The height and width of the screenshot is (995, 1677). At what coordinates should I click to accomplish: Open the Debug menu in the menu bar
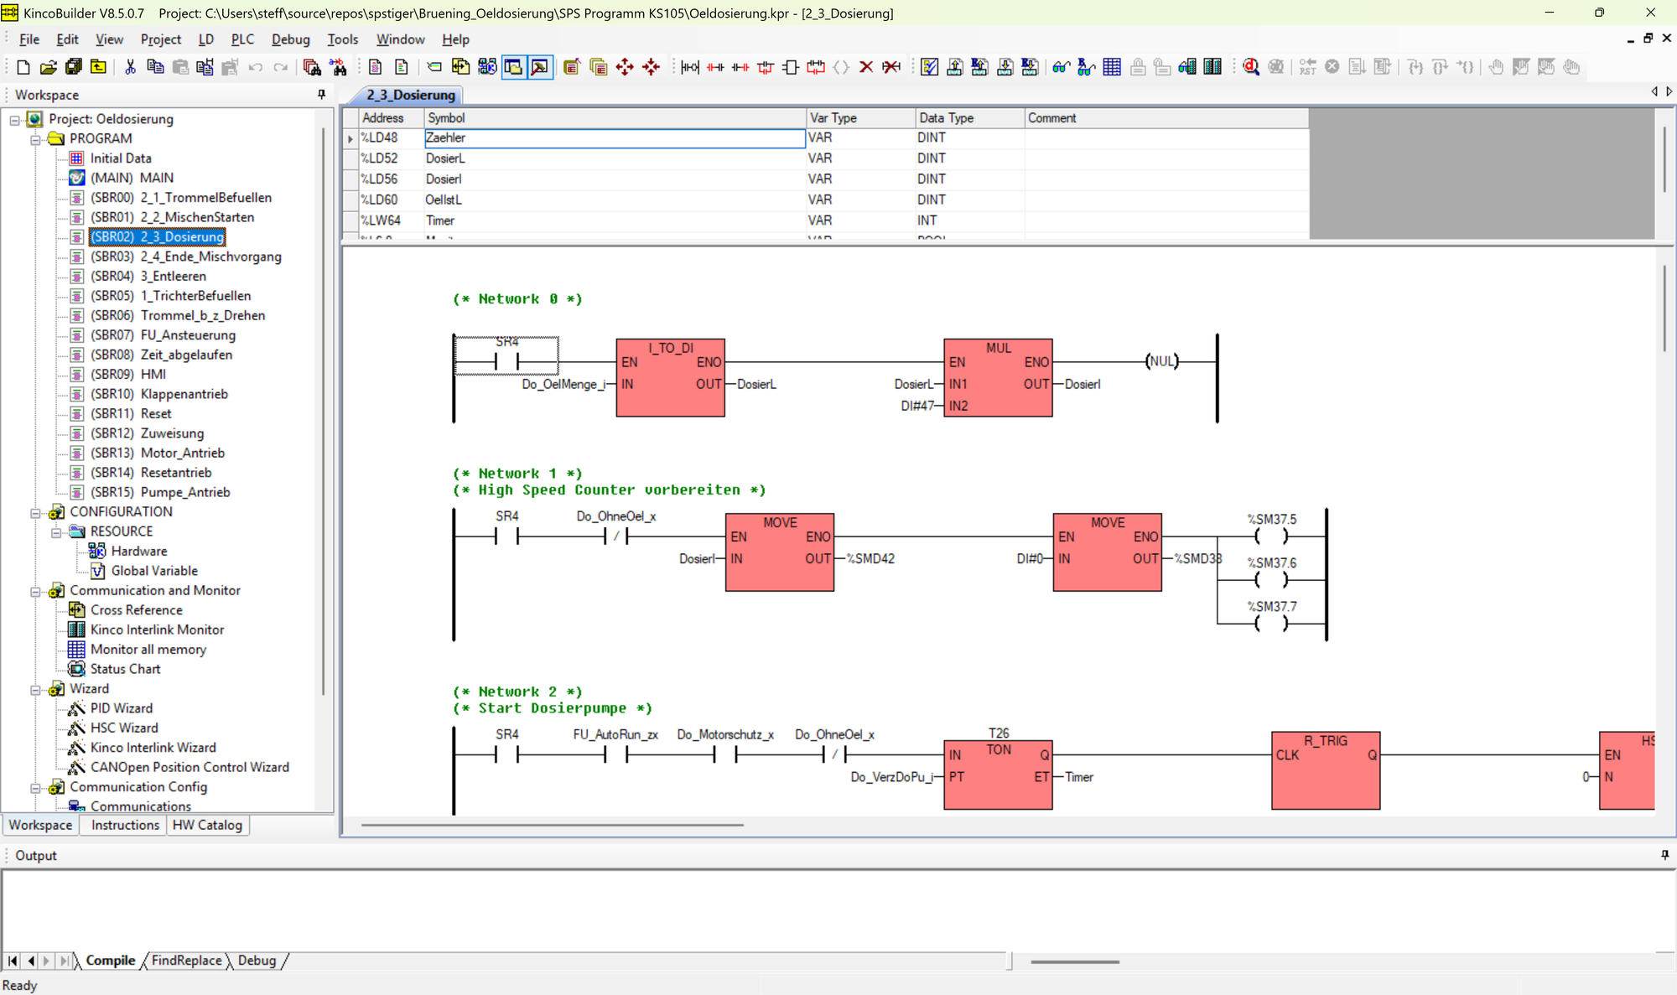pyautogui.click(x=290, y=39)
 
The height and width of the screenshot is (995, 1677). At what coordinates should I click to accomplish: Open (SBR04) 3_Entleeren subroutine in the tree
pyautogui.click(x=148, y=276)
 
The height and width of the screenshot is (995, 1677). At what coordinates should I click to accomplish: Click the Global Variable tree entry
pyautogui.click(x=154, y=571)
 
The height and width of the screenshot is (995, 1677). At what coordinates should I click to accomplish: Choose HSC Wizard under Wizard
pyautogui.click(x=124, y=728)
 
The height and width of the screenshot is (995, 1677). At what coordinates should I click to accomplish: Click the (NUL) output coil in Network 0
pyautogui.click(x=1162, y=361)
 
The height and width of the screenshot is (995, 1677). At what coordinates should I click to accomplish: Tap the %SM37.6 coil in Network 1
pyautogui.click(x=1271, y=579)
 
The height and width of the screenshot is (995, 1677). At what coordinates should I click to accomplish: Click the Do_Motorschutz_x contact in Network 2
pyautogui.click(x=724, y=754)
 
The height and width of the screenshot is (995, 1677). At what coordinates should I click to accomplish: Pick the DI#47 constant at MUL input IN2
pyautogui.click(x=917, y=406)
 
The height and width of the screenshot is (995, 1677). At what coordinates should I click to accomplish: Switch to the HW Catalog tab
pyautogui.click(x=207, y=825)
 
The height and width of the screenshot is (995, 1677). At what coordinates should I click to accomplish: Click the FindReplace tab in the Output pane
pyautogui.click(x=186, y=961)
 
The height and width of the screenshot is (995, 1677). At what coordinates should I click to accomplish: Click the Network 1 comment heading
pyautogui.click(x=517, y=474)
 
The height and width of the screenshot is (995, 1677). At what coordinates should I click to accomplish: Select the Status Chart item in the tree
pyautogui.click(x=125, y=669)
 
